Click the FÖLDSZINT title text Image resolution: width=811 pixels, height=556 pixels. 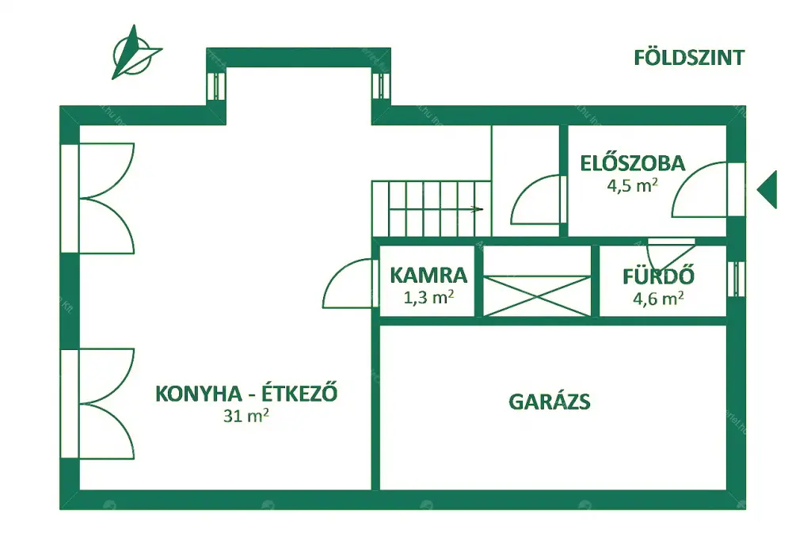point(689,57)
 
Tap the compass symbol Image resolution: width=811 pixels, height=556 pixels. point(135,51)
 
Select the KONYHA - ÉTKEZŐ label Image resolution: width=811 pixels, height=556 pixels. point(246,393)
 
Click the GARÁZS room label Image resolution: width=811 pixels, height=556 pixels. point(550,402)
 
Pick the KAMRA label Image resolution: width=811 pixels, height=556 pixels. point(428,275)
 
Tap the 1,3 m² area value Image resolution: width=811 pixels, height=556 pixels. point(428,297)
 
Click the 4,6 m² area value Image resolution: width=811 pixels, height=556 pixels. point(658,298)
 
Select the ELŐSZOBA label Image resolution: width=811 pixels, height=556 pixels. point(633,163)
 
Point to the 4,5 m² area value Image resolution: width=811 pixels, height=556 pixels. point(632,185)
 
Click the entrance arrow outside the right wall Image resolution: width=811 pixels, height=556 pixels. point(767,189)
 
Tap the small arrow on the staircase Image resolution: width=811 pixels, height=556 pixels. point(477,209)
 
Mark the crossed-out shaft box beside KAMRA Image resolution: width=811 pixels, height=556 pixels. point(537,295)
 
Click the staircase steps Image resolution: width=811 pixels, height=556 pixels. point(430,208)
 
